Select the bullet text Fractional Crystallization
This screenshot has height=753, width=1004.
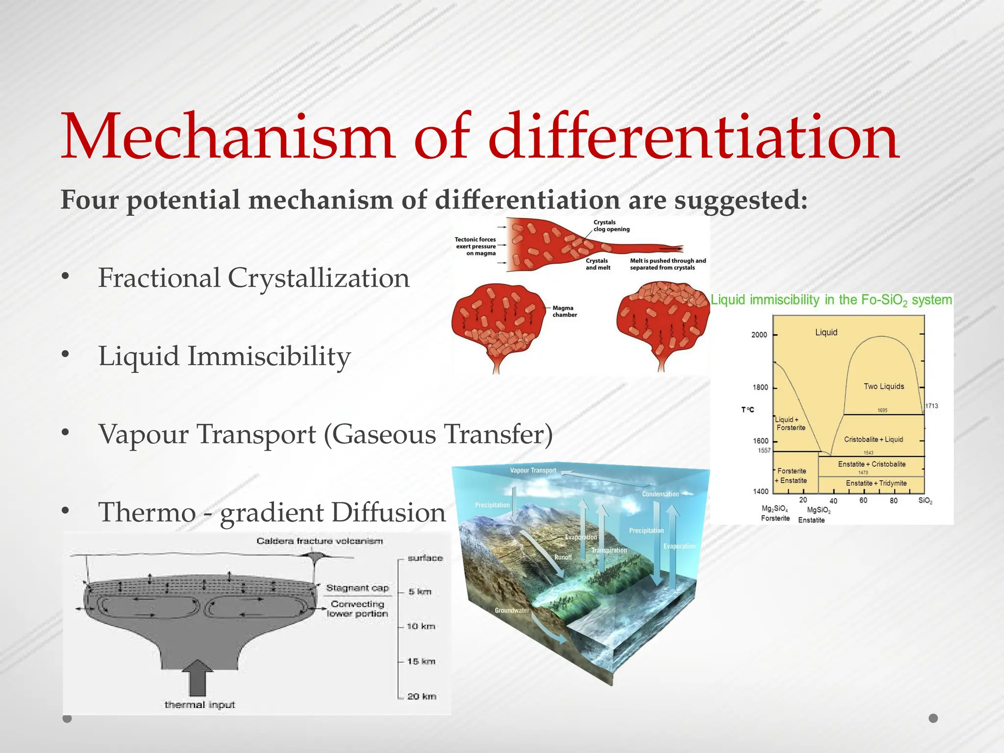pos(253,278)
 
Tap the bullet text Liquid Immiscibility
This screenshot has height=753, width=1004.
pos(225,356)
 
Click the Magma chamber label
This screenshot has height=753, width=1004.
pos(565,311)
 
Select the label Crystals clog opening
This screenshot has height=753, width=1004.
pos(611,226)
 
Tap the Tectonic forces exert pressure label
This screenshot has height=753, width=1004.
pos(476,246)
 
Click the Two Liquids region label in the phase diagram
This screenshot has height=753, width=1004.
pos(883,386)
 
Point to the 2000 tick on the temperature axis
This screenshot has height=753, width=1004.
pos(759,335)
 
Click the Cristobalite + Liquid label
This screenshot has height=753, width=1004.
pos(873,439)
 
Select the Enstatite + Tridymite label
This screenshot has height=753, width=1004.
pos(876,483)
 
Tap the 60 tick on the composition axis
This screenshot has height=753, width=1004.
pos(863,500)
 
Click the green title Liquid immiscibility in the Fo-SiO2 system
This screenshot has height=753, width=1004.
pos(831,300)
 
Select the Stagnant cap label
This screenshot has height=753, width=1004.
pos(357,588)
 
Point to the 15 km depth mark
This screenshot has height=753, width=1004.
pos(421,661)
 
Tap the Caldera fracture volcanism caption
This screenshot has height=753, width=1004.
pos(320,541)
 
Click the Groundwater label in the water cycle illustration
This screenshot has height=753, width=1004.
pos(511,610)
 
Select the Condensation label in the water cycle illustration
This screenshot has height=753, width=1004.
pos(660,494)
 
